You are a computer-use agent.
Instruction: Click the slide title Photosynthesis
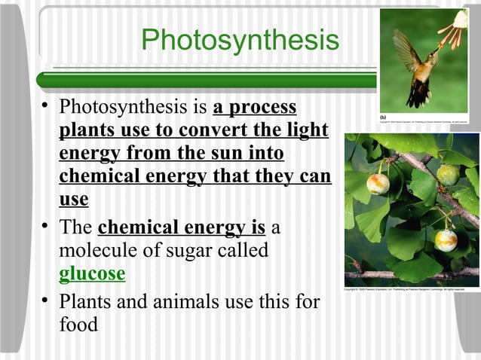coord(240,41)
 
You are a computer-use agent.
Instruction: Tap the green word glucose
coord(92,273)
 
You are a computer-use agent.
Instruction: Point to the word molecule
coord(97,250)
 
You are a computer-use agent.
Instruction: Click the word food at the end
coord(78,326)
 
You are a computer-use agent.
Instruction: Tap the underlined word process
coord(263,107)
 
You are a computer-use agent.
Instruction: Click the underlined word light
coord(308,130)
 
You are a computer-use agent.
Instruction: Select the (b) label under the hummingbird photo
coord(383,117)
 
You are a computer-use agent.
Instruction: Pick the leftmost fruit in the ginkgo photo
coord(378,182)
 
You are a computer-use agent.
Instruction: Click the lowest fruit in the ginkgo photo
coord(446,240)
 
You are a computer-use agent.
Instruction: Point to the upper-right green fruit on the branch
coord(448,175)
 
